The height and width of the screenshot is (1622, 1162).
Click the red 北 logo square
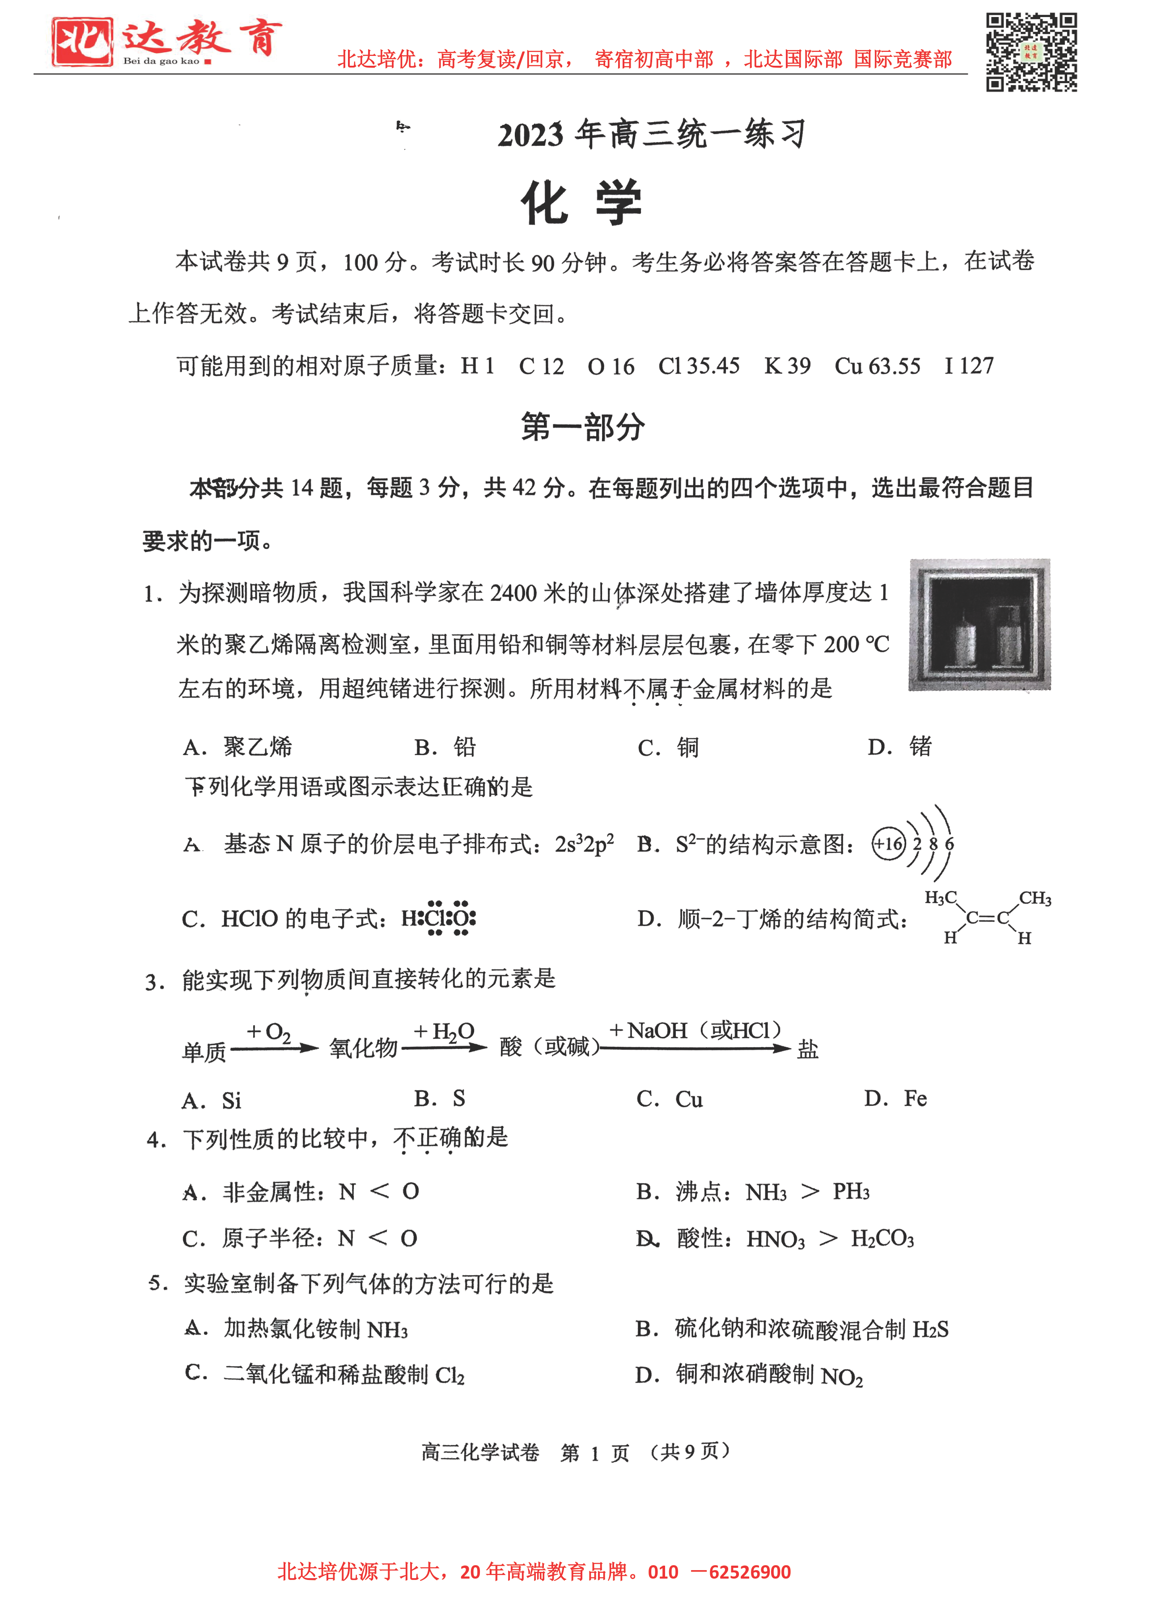tap(81, 42)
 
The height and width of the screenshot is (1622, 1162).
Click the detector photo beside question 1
tap(979, 624)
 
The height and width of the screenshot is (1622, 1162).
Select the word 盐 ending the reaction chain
tap(807, 1049)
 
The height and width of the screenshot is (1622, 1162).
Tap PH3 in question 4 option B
tap(851, 1192)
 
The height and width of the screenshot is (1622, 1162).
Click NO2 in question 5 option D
tap(842, 1377)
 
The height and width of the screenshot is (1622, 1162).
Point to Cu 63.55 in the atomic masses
tap(878, 366)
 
